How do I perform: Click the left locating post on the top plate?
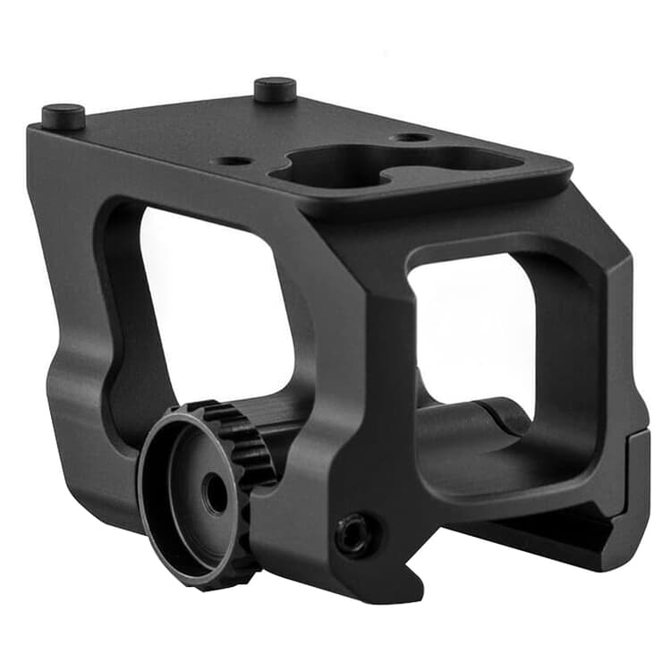coord(63,116)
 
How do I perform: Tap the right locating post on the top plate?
coord(275,89)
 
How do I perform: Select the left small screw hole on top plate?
coord(234,162)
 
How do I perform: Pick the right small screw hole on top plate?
coord(412,139)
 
